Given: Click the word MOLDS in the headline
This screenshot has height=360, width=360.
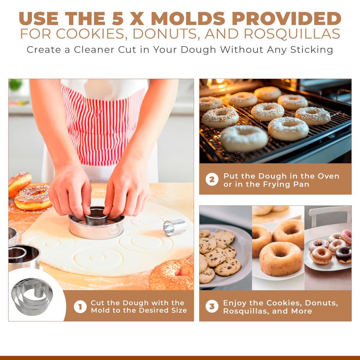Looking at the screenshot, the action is click(x=188, y=19).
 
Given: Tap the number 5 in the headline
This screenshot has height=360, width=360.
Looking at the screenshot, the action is click(x=118, y=19).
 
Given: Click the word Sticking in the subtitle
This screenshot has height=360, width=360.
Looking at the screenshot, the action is click(x=312, y=50).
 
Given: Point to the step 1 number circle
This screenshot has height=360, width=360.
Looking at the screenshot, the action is click(x=80, y=307).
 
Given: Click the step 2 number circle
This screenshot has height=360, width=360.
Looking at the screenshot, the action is click(x=212, y=179).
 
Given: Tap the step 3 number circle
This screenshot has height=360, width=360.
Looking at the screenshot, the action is click(x=212, y=306).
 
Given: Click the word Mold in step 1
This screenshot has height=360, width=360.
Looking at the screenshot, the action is click(x=100, y=310).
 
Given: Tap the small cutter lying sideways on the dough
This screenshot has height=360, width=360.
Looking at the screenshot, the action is click(x=175, y=227).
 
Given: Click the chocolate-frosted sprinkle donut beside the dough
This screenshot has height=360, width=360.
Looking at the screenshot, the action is click(x=33, y=197).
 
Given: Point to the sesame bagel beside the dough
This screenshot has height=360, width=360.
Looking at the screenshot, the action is click(x=172, y=275).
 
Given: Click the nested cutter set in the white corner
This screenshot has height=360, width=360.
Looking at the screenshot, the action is click(x=32, y=297).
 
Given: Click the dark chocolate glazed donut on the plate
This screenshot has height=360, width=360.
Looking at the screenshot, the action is click(x=343, y=255).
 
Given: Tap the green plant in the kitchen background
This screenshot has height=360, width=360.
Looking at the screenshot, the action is click(x=15, y=85).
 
